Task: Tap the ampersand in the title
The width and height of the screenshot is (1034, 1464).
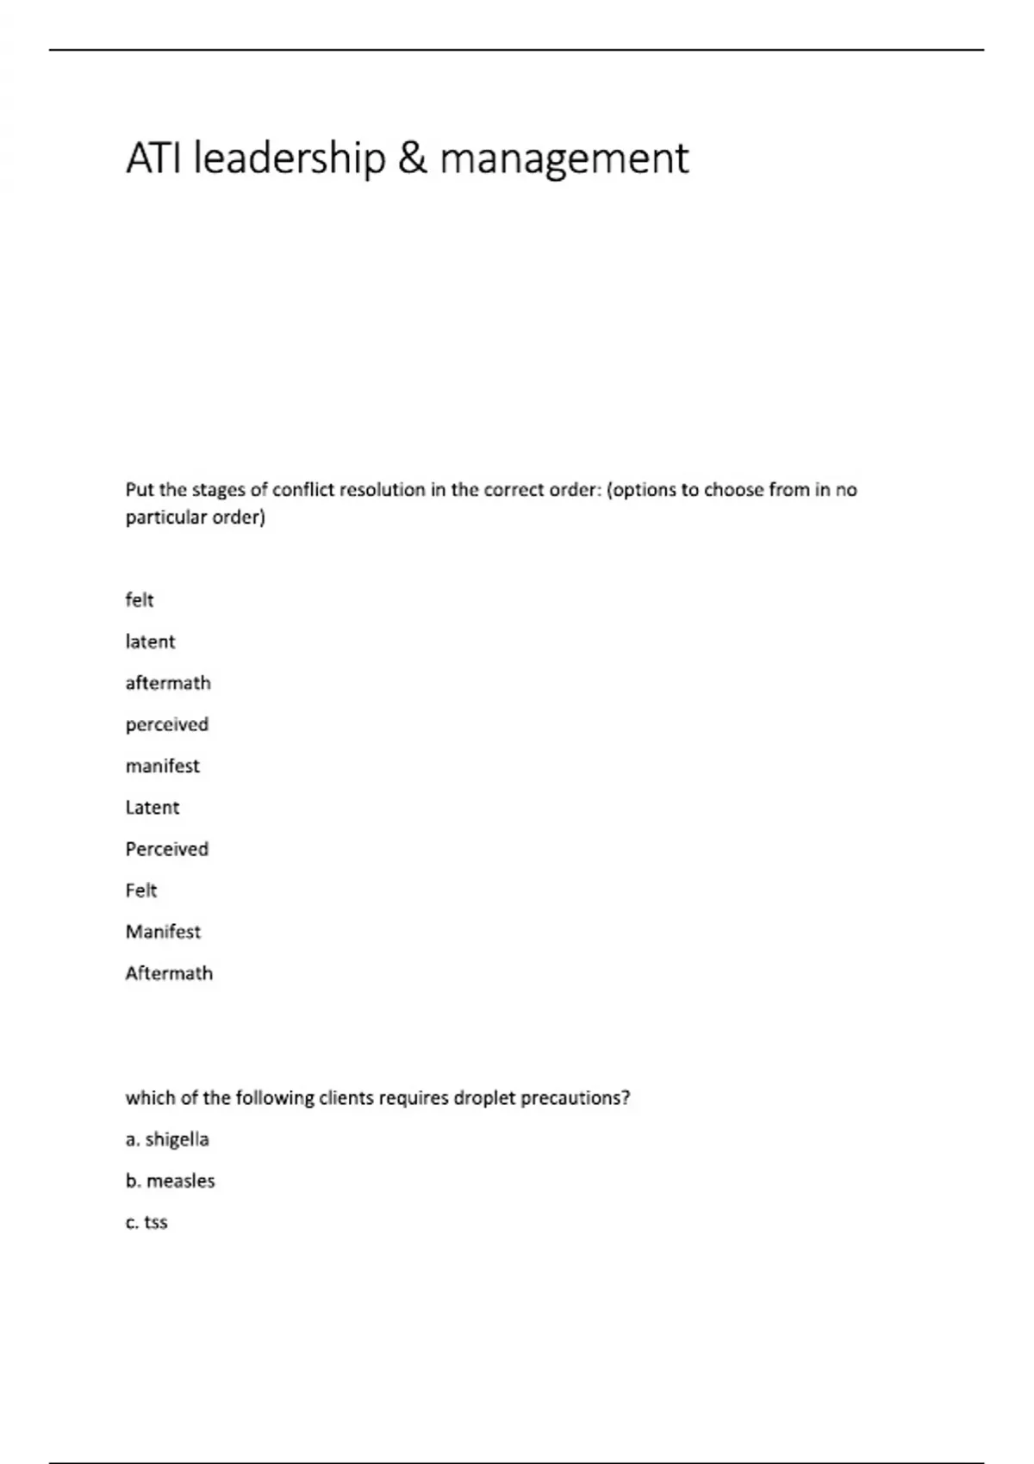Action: click(412, 158)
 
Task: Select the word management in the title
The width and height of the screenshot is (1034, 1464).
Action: click(564, 158)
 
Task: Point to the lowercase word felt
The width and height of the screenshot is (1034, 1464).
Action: click(140, 600)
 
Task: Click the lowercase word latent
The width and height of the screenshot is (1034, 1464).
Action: click(150, 642)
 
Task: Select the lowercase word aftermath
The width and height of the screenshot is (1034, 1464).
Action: click(168, 683)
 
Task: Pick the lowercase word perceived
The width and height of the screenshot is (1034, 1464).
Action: click(167, 724)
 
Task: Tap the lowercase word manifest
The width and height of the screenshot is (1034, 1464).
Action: click(162, 766)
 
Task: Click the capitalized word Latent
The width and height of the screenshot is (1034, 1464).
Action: click(153, 808)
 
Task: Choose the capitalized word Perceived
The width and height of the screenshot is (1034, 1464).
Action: click(167, 849)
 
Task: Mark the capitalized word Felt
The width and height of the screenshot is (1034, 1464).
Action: click(141, 890)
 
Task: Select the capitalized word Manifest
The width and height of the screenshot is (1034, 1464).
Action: click(163, 932)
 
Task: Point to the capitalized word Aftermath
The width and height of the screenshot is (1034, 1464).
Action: click(169, 973)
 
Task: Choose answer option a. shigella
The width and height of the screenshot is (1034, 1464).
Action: click(167, 1139)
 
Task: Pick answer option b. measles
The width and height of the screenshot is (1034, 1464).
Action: click(171, 1181)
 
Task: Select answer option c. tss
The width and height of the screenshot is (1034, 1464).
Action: click(146, 1222)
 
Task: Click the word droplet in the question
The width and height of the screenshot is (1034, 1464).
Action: click(484, 1098)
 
